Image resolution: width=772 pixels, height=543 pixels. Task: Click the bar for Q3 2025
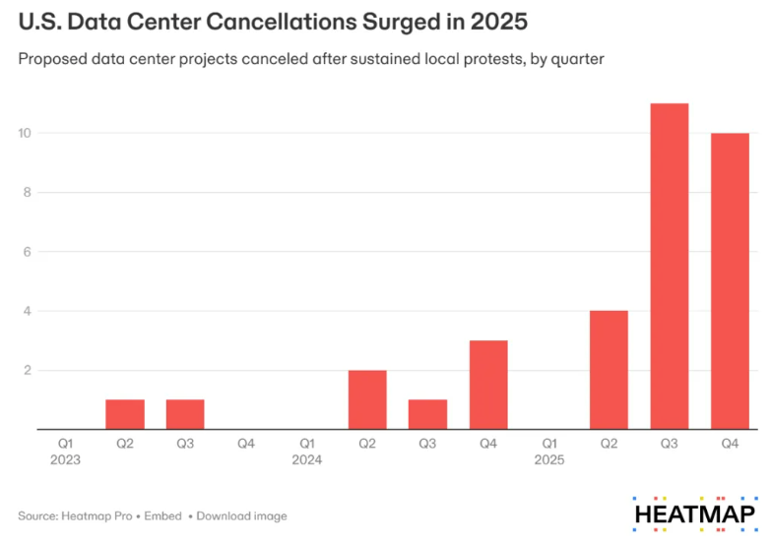669,266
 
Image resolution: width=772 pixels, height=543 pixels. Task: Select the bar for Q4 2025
730,280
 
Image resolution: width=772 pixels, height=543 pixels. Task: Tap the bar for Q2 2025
609,370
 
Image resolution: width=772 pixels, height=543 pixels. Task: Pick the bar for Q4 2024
488,385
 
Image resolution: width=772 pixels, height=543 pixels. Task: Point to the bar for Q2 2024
367,399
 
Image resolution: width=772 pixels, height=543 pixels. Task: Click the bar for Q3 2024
427,414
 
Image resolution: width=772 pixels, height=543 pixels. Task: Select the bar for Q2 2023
125,414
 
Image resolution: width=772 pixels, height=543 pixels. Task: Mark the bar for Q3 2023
185,414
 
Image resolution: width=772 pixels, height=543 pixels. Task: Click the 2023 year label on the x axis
65,458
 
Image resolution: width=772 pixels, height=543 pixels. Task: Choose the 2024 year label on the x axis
307,458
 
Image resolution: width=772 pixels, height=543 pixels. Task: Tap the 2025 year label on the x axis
548,458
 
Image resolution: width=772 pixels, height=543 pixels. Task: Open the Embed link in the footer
164,515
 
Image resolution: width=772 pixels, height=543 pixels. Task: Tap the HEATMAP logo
694,514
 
